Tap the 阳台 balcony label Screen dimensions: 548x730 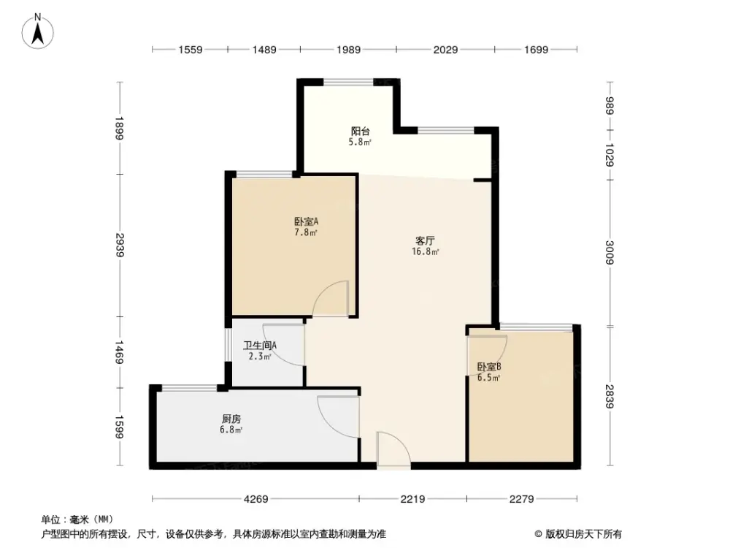coord(360,132)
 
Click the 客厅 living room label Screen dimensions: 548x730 coord(426,240)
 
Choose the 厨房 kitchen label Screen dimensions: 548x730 coord(231,419)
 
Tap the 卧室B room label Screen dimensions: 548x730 coord(488,367)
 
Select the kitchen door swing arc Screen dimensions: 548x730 coord(337,415)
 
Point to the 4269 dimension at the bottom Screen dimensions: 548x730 coord(255,500)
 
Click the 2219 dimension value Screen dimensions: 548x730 coord(412,500)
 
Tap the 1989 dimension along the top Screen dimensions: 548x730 coord(347,50)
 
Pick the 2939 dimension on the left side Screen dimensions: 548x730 coord(120,245)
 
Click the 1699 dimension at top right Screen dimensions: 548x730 coord(535,50)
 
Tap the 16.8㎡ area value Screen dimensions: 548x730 coord(426,252)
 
